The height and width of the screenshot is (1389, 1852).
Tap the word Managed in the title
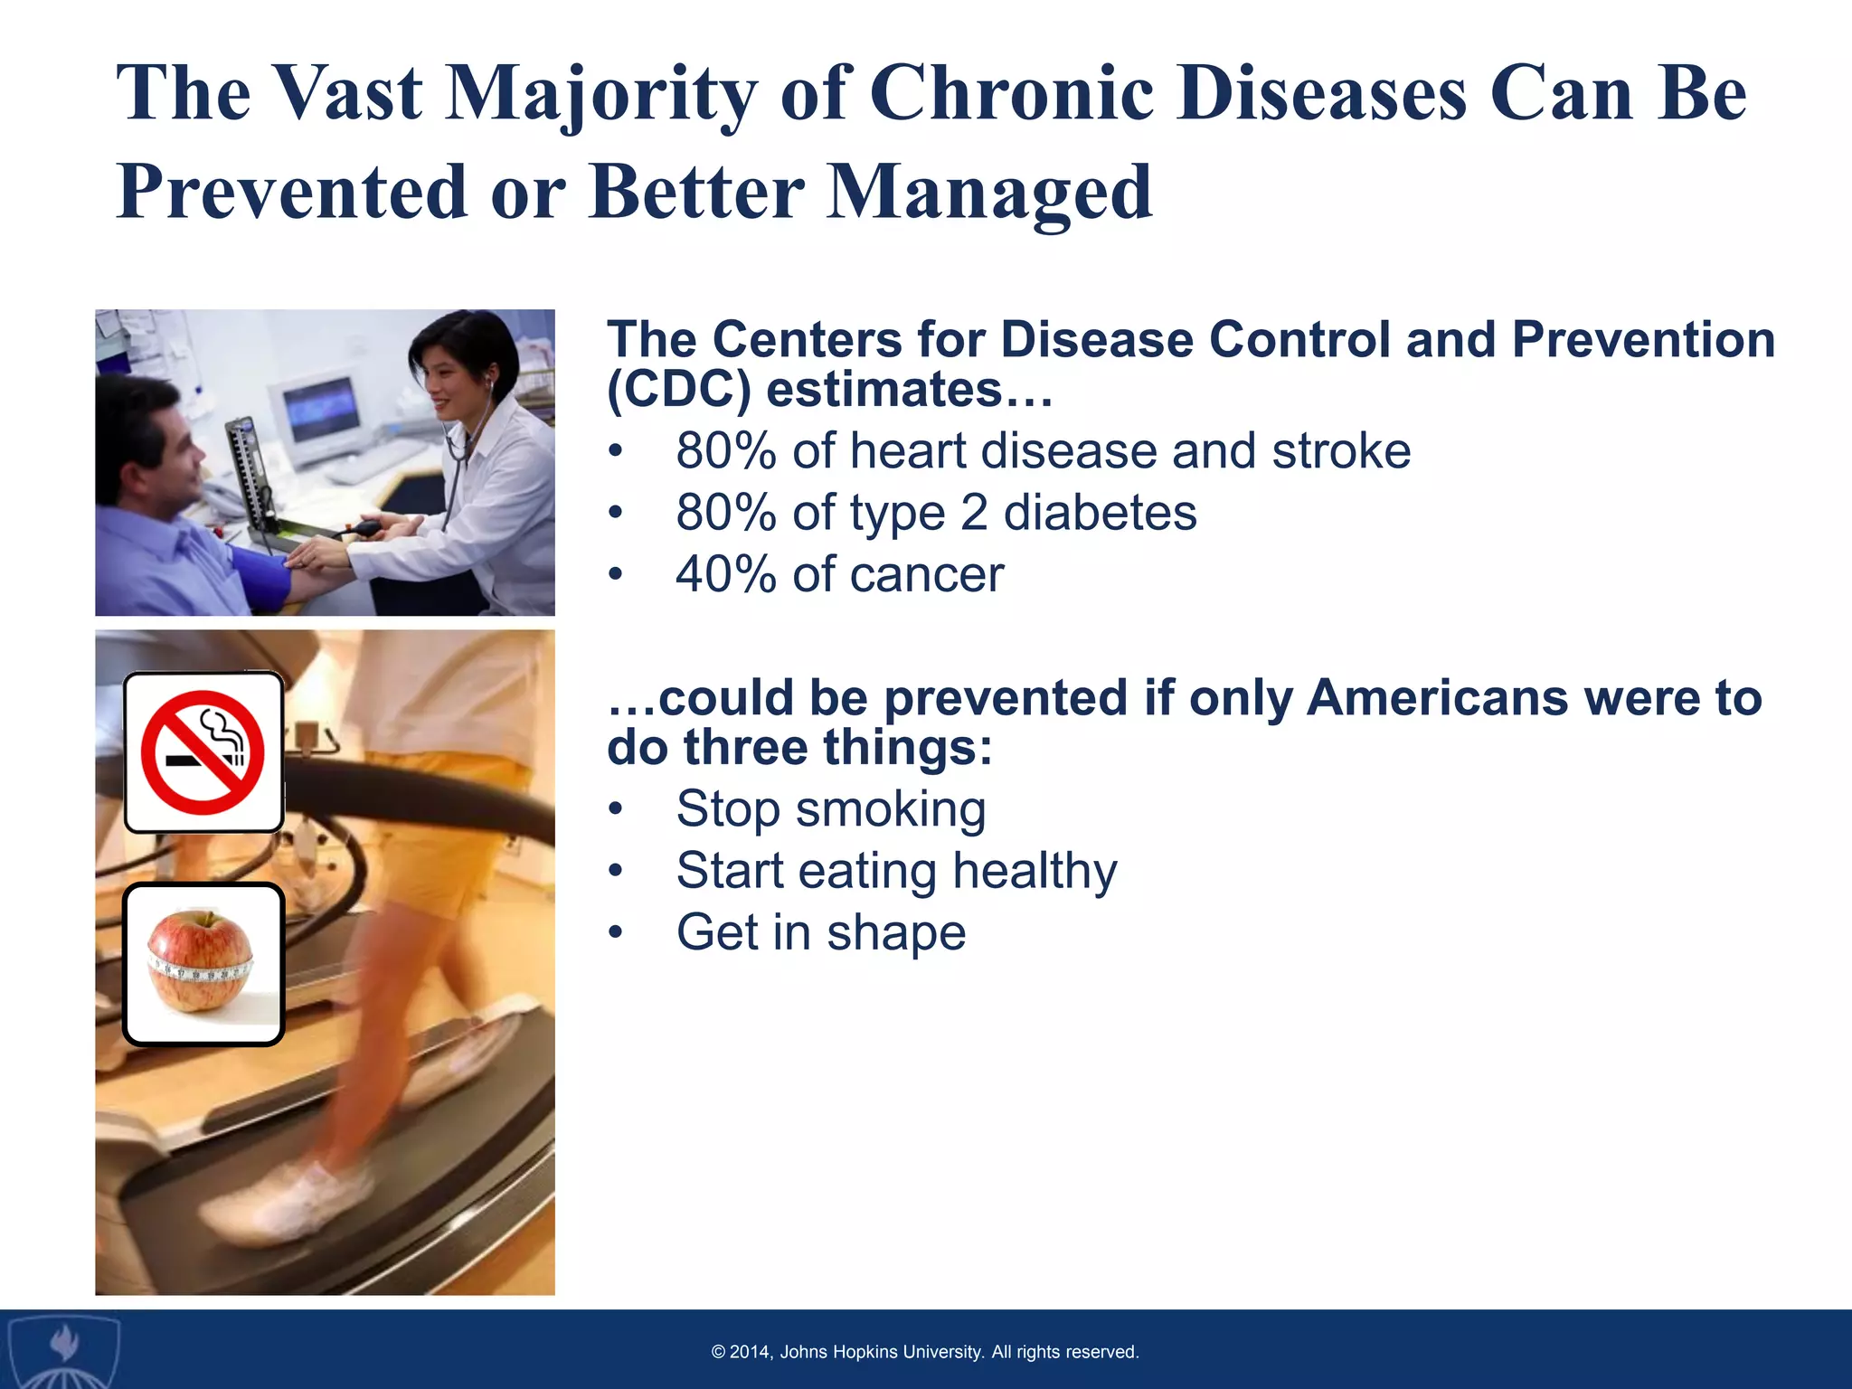click(x=990, y=193)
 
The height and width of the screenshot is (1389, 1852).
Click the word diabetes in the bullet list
click(x=1100, y=513)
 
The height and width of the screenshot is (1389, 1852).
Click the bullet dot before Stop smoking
click(x=616, y=809)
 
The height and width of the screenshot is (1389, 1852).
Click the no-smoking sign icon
click(x=204, y=751)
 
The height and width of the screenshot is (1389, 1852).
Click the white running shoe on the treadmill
click(x=289, y=1203)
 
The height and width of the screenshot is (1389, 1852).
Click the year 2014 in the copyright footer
click(x=750, y=1352)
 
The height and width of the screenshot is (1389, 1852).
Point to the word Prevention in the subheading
click(x=1643, y=340)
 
